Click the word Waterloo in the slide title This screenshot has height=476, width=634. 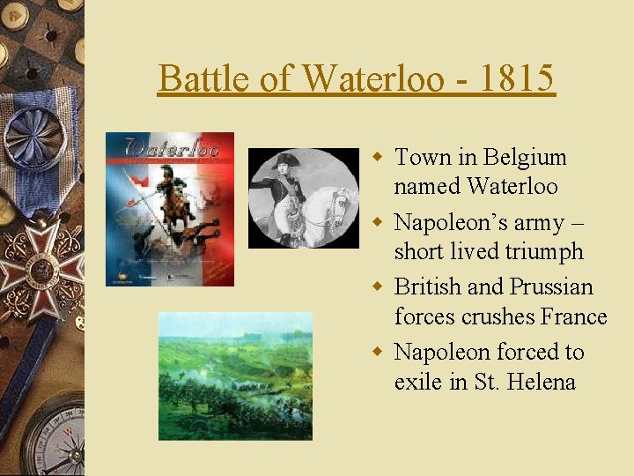point(372,78)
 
